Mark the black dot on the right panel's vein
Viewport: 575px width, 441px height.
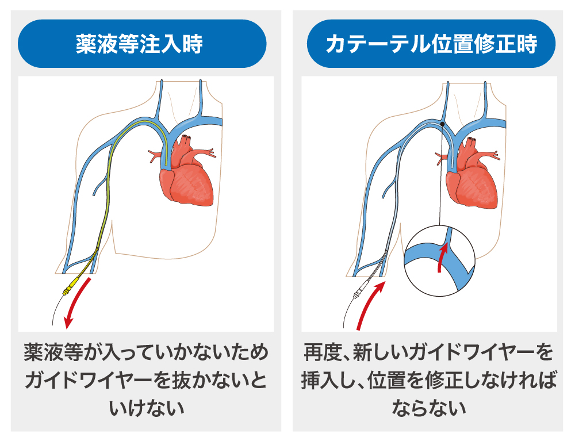[x=442, y=124]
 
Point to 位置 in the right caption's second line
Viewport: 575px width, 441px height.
[x=391, y=380]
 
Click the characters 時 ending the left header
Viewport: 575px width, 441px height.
[x=194, y=44]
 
